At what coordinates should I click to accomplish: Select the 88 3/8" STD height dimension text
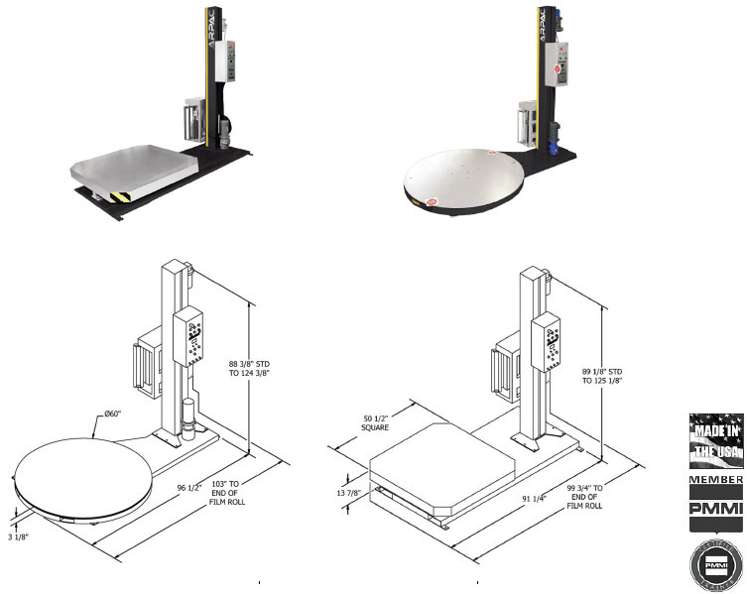coord(248,370)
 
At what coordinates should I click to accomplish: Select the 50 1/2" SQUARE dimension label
coord(374,422)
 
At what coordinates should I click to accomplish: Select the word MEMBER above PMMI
coord(715,481)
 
